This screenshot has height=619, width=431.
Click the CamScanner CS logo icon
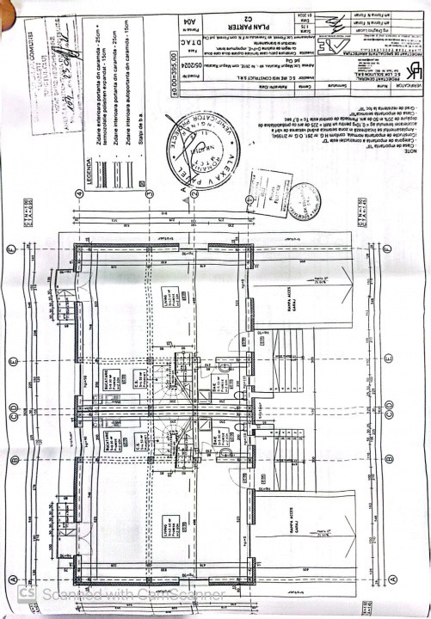coord(26,594)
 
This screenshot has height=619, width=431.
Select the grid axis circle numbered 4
coord(80,193)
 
